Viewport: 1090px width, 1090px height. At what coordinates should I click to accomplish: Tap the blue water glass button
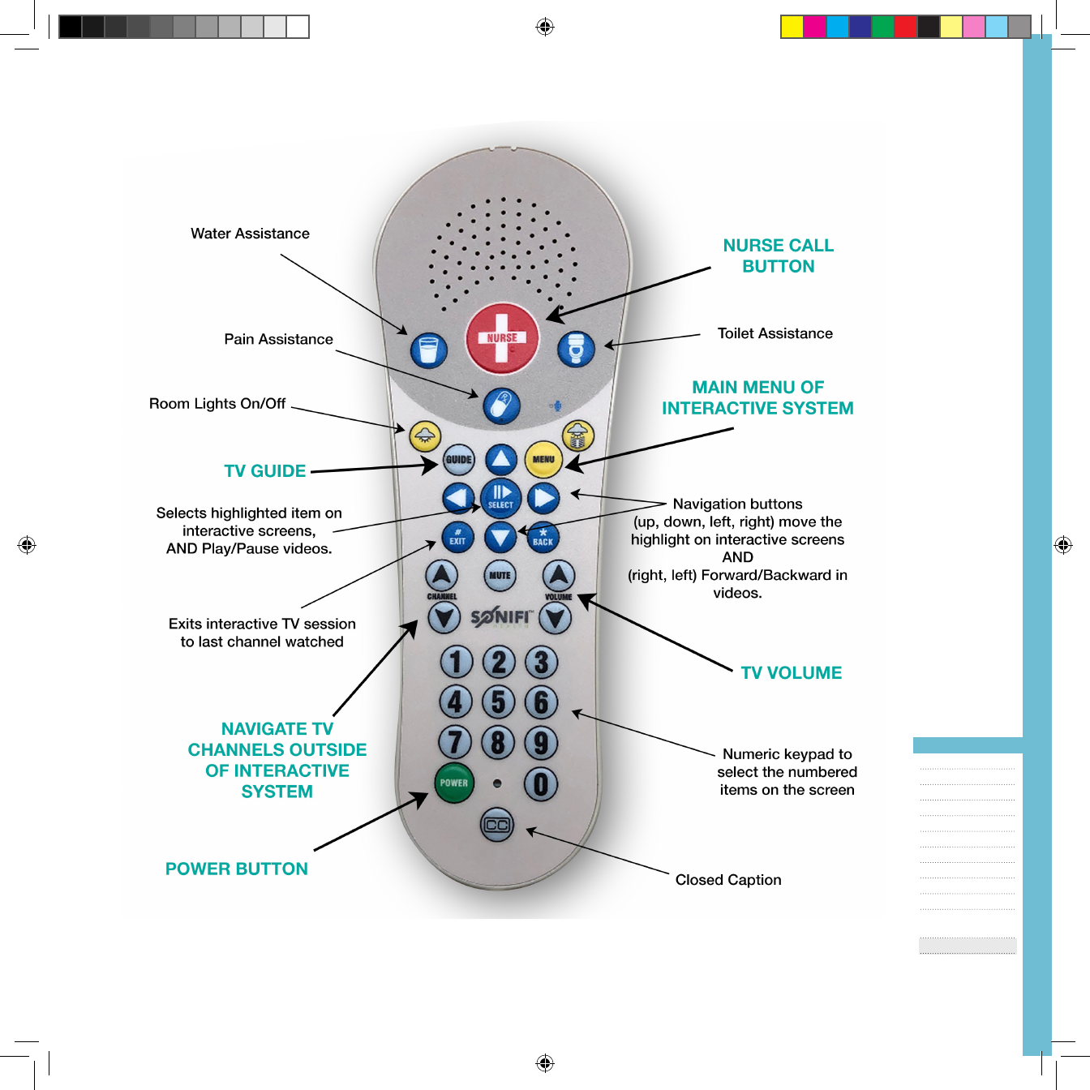coord(428,350)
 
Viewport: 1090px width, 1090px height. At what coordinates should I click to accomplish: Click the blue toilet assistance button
coord(576,349)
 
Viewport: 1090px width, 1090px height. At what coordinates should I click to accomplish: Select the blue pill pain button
coord(501,406)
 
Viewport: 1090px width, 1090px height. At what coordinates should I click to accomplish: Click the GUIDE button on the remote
coord(458,460)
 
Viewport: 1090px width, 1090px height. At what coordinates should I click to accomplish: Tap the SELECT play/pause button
coord(500,496)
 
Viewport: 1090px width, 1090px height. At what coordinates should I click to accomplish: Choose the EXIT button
coord(457,537)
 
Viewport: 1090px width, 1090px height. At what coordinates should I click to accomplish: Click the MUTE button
coord(500,575)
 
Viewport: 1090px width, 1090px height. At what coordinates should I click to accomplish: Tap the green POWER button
coord(453,783)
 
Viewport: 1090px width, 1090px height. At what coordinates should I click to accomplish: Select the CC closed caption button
coord(496,825)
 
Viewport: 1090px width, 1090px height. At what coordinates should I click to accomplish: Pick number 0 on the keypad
coord(541,783)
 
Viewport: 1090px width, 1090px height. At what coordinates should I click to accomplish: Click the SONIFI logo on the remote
coord(500,617)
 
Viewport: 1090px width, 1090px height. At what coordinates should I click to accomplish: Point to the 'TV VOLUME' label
coord(791,673)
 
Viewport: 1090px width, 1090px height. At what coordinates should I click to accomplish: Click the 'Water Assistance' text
coord(250,234)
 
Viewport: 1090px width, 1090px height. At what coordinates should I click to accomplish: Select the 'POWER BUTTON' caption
coord(236,869)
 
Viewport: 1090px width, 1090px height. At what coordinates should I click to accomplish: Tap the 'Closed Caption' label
coord(728,880)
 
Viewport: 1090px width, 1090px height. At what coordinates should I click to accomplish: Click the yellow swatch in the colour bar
coord(792,27)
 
